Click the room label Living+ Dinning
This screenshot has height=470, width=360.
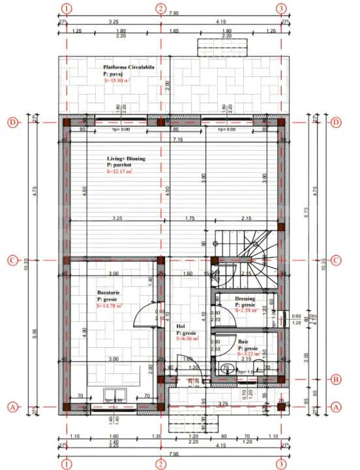(127, 159)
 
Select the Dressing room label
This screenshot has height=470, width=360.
(246, 299)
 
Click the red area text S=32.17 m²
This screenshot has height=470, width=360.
(119, 172)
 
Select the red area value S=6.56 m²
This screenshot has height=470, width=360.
(187, 339)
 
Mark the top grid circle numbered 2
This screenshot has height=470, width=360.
(160, 8)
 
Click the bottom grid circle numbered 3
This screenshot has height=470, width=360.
(281, 464)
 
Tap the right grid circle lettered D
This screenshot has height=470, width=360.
(337, 122)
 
